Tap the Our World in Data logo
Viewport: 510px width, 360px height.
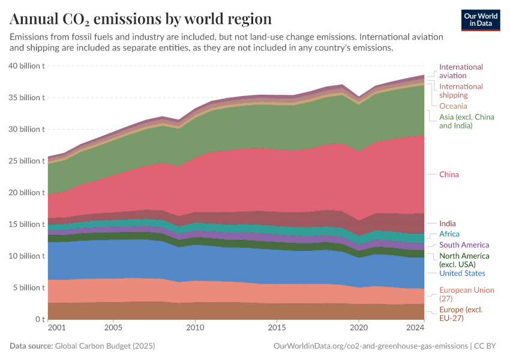pos(481,20)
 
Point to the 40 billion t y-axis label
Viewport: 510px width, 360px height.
pos(27,66)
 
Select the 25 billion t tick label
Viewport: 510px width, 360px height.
pos(27,161)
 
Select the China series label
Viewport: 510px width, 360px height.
pos(449,175)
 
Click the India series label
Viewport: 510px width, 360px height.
pos(447,224)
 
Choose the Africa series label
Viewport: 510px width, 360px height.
pos(449,234)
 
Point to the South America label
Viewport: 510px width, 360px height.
pos(464,245)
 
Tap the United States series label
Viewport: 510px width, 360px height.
pos(462,274)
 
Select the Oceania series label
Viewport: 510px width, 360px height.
pos(453,106)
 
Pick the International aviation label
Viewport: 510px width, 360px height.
pos(461,71)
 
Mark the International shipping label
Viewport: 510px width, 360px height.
pos(461,91)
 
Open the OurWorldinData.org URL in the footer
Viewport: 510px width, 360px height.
pos(370,346)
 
